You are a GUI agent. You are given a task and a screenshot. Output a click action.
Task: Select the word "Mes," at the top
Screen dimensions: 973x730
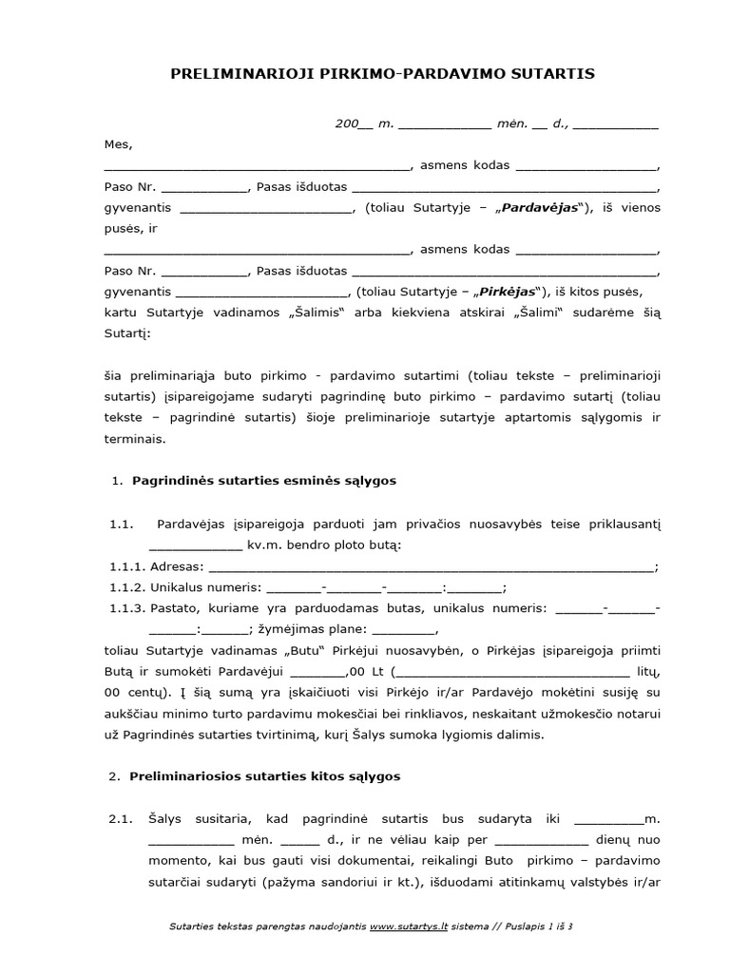point(119,144)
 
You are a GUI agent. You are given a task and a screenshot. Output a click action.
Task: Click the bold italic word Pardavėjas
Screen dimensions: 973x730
point(541,207)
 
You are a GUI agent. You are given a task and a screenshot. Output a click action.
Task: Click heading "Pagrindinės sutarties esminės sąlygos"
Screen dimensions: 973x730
point(263,481)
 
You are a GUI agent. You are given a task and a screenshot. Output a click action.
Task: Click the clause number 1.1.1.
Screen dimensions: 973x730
point(126,568)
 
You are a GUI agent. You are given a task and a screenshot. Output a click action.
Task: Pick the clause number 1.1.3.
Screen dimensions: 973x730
point(126,608)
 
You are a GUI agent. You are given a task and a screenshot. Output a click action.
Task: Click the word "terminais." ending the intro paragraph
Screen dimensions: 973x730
point(136,439)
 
